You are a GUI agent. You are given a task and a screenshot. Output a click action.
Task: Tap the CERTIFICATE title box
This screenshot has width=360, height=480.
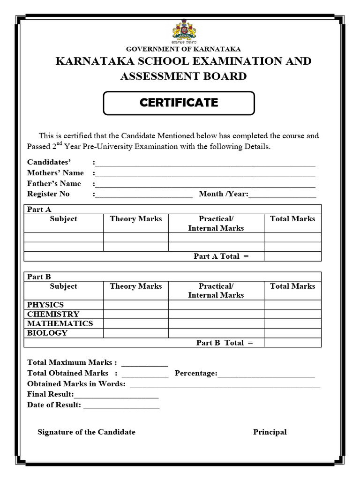pyautogui.click(x=179, y=103)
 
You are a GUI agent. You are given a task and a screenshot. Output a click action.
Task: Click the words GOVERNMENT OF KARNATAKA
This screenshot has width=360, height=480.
pyautogui.click(x=184, y=49)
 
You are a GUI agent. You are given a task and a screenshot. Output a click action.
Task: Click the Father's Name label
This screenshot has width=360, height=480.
pyautogui.click(x=54, y=183)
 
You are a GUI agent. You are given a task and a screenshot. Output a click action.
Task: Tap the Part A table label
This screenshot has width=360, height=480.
pyautogui.click(x=39, y=209)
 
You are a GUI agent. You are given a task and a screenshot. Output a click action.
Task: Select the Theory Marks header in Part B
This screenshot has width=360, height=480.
pyautogui.click(x=135, y=286)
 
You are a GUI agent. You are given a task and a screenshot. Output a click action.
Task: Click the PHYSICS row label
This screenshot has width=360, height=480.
pyautogui.click(x=45, y=305)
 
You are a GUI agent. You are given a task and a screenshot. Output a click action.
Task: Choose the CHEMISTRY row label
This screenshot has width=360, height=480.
pyautogui.click(x=53, y=314)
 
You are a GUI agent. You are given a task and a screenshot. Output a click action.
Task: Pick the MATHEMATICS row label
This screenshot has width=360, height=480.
pyautogui.click(x=60, y=323)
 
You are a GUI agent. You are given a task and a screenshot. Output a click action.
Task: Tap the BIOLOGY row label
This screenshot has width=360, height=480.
pyautogui.click(x=47, y=333)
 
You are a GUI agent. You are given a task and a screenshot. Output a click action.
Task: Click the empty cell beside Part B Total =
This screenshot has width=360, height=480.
pyautogui.click(x=292, y=343)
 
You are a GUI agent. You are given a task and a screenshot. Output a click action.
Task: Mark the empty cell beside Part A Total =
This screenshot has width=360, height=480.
pyautogui.click(x=292, y=256)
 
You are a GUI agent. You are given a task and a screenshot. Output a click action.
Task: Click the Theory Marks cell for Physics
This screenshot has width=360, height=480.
pyautogui.click(x=135, y=305)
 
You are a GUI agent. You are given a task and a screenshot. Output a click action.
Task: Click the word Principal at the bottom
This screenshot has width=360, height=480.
pyautogui.click(x=270, y=432)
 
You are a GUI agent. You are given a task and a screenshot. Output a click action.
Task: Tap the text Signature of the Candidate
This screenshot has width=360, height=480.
pyautogui.click(x=86, y=432)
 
